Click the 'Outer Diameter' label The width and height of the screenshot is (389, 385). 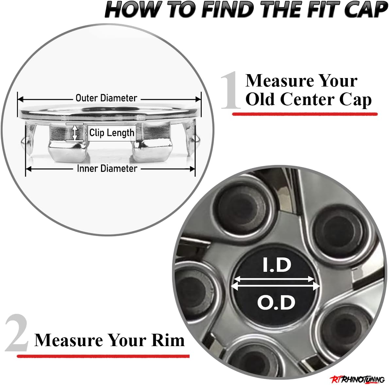click(x=106, y=98)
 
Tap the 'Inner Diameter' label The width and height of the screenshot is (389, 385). click(x=107, y=168)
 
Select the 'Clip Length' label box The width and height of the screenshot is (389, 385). click(x=112, y=133)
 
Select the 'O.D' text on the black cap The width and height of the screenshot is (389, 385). click(x=276, y=302)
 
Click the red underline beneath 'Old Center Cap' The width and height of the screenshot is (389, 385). click(x=305, y=114)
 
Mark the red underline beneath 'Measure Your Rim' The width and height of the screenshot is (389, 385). click(x=103, y=356)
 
